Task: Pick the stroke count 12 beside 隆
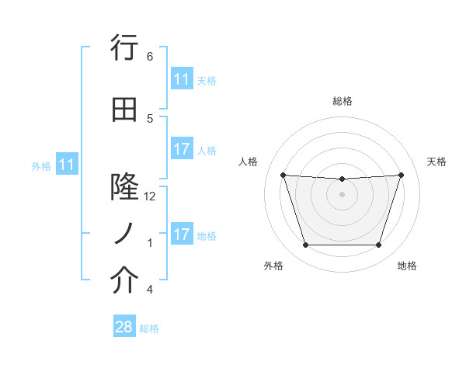[x=150, y=196]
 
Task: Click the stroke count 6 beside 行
[x=150, y=56]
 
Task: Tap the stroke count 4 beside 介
[x=150, y=290]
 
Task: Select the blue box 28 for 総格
[x=124, y=327]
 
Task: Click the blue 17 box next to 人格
[x=181, y=149]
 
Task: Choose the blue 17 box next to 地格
[x=181, y=235]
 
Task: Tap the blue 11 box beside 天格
[x=181, y=79]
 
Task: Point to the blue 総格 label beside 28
[x=149, y=328]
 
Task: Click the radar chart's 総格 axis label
[x=342, y=101]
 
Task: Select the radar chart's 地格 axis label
[x=407, y=266]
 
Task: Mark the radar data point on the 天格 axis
[x=401, y=175]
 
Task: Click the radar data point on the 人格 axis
[x=283, y=175]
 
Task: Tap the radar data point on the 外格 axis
[x=305, y=245]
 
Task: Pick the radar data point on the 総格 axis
[x=342, y=179]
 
